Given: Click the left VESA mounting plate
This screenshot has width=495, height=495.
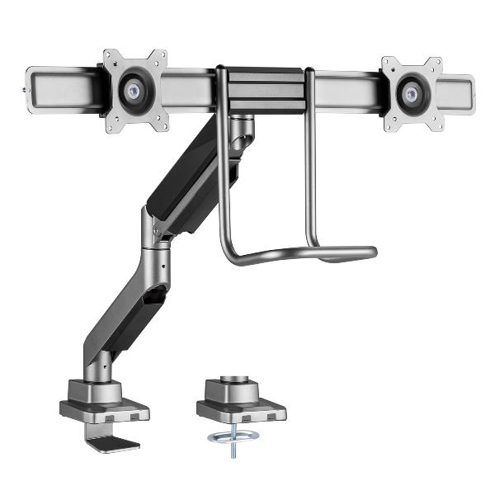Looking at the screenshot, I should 115,66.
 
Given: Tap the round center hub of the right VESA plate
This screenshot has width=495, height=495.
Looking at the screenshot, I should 409,92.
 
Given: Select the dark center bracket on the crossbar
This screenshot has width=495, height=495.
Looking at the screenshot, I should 264,89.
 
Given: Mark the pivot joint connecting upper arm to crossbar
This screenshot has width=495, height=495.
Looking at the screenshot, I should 241,132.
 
